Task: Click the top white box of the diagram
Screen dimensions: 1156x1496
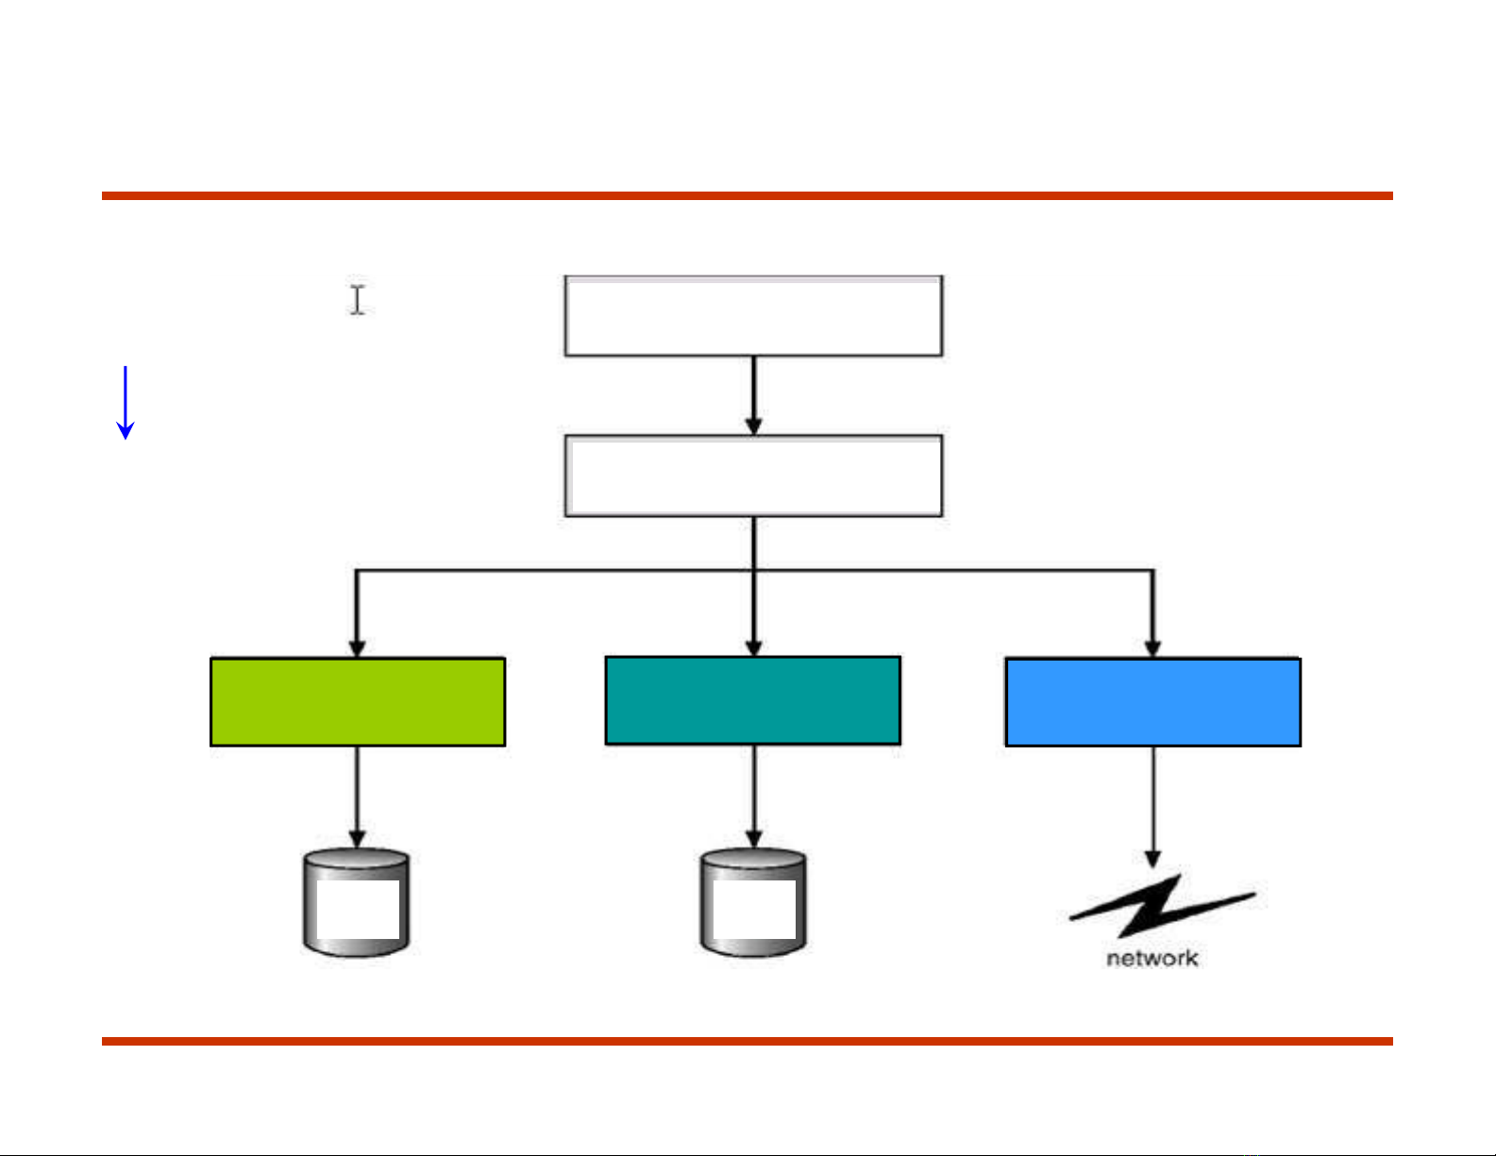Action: pos(753,316)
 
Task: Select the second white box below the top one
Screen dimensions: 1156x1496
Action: pos(753,476)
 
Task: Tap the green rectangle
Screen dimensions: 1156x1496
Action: pos(358,702)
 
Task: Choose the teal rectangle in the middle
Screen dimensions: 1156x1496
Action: pos(752,701)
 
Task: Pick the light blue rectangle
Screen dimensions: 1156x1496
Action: pos(1153,702)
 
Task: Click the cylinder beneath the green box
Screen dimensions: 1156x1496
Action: pos(356,902)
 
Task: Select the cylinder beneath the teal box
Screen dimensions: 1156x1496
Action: pos(753,902)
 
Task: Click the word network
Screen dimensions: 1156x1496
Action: pos(1152,959)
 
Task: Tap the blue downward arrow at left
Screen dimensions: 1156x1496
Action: pos(125,404)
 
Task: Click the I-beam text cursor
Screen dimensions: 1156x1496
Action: pos(358,300)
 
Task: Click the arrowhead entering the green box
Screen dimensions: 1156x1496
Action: pos(357,648)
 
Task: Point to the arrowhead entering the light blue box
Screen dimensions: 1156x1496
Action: pos(1152,648)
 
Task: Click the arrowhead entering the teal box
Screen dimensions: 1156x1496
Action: pos(753,647)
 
